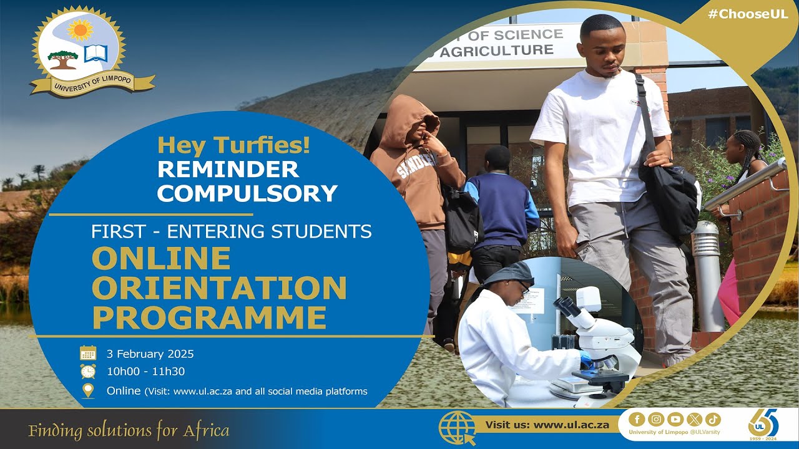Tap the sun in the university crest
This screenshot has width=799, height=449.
pyautogui.click(x=80, y=29)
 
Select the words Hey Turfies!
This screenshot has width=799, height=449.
pyautogui.click(x=233, y=146)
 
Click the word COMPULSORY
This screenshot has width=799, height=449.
pyautogui.click(x=247, y=193)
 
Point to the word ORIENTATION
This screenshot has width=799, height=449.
pyautogui.click(x=219, y=288)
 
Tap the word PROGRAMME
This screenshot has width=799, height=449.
pyautogui.click(x=209, y=317)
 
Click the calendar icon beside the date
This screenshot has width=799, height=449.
pyautogui.click(x=88, y=354)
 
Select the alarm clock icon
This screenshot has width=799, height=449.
pyautogui.click(x=88, y=372)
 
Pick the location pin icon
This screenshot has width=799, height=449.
pyautogui.click(x=88, y=391)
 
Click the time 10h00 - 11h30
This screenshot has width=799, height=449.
pyautogui.click(x=145, y=372)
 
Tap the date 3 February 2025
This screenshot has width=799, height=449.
pyautogui.click(x=150, y=354)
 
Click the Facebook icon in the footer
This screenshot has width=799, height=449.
pyautogui.click(x=637, y=419)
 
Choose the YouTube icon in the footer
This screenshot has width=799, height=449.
pyautogui.click(x=675, y=419)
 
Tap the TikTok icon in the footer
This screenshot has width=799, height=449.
pyautogui.click(x=713, y=419)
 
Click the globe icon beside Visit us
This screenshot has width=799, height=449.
pyautogui.click(x=458, y=427)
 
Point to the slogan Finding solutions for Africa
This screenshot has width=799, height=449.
pyautogui.click(x=129, y=430)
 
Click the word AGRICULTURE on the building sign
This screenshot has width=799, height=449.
pyautogui.click(x=496, y=51)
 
